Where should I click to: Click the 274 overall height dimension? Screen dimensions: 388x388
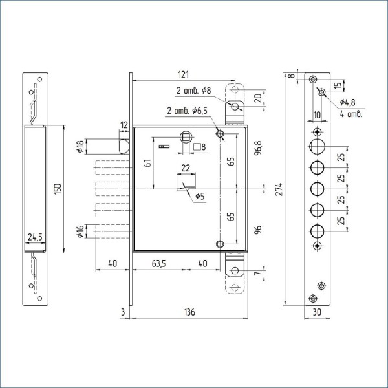pyautogui.click(x=279, y=189)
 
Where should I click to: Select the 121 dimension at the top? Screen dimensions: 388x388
pyautogui.click(x=184, y=74)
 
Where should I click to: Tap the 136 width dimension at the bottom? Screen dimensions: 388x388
pyautogui.click(x=189, y=312)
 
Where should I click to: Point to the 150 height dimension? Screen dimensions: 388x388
pyautogui.click(x=58, y=189)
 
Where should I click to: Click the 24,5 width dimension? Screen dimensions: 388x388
pyautogui.click(x=35, y=237)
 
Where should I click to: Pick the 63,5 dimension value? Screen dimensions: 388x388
pyautogui.click(x=159, y=264)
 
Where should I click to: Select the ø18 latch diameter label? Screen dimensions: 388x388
pyautogui.click(x=80, y=147)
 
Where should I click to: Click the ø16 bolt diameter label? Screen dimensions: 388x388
pyautogui.click(x=80, y=232)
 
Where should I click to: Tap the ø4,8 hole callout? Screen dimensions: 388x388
pyautogui.click(x=347, y=102)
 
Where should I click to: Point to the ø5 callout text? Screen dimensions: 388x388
pyautogui.click(x=200, y=197)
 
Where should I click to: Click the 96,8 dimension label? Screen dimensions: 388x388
pyautogui.click(x=258, y=148)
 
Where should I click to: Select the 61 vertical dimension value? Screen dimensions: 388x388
pyautogui.click(x=148, y=164)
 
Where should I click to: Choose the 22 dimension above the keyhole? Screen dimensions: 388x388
pyautogui.click(x=186, y=168)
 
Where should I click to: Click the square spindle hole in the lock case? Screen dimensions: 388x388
pyautogui.click(x=186, y=137)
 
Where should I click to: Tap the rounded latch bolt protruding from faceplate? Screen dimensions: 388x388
pyautogui.click(x=124, y=147)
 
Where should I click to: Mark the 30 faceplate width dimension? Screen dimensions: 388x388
pyautogui.click(x=317, y=312)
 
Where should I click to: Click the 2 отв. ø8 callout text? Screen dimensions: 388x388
pyautogui.click(x=194, y=91)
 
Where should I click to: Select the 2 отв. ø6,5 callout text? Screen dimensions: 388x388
pyautogui.click(x=188, y=111)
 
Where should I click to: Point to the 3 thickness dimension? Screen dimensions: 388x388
pyautogui.click(x=124, y=312)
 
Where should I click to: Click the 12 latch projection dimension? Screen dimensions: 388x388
pyautogui.click(x=124, y=125)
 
